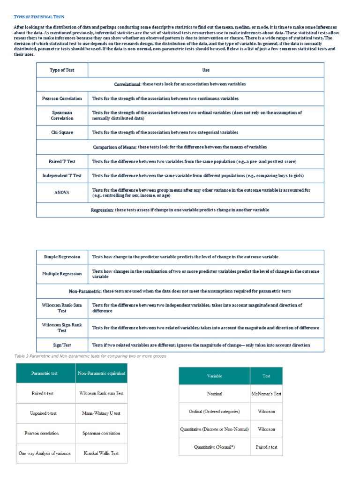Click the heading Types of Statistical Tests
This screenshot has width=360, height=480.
pos(39,17)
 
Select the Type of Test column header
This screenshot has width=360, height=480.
pos(62,70)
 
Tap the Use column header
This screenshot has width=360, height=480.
pos(206,70)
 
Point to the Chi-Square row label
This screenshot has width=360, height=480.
pos(62,133)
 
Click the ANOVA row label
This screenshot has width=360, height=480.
pos(62,193)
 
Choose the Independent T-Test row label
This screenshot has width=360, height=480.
pos(62,176)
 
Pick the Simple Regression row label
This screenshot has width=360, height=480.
pos(62,257)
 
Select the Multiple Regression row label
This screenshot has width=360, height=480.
pos(62,274)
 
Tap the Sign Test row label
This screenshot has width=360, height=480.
pos(62,345)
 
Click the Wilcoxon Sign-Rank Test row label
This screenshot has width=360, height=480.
pos(62,328)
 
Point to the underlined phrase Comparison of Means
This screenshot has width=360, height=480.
pos(114,147)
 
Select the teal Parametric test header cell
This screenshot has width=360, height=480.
pos(45,374)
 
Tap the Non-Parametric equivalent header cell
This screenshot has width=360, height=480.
pos(101,374)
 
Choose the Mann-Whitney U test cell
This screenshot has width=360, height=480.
pos(101,413)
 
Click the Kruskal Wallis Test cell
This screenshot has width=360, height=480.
pos(101,453)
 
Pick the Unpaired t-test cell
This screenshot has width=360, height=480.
pos(45,413)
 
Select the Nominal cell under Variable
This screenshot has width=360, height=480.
pos(214,394)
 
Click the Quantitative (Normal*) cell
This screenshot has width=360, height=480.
pos(214,447)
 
